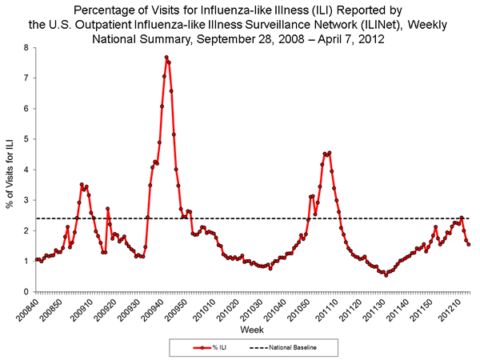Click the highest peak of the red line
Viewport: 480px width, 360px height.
point(166,57)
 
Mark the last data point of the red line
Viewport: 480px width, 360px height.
point(469,244)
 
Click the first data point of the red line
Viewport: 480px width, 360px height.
point(37,260)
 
